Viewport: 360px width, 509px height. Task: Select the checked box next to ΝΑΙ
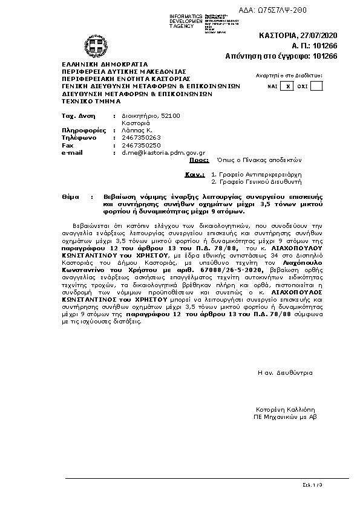[288, 86]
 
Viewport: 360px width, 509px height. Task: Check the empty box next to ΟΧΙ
[316, 86]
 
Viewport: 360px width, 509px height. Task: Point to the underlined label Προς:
[199, 161]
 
